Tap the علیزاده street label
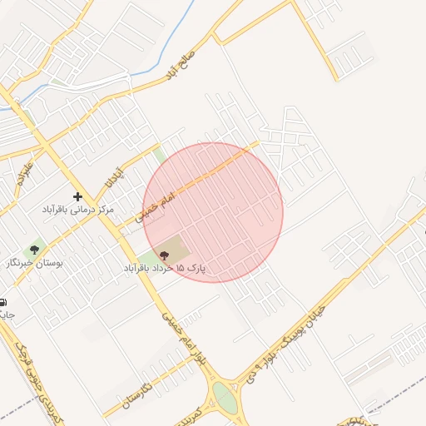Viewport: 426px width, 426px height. [24, 171]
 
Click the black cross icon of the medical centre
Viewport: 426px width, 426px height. [78, 197]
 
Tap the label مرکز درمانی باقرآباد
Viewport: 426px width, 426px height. [78, 211]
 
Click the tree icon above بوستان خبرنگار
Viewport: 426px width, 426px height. [35, 249]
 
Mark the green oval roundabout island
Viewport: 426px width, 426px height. [224, 398]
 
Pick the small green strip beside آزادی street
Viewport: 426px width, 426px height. [158, 154]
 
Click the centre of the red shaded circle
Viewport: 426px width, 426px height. [213, 212]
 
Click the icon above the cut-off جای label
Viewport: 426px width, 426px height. [2, 301]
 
